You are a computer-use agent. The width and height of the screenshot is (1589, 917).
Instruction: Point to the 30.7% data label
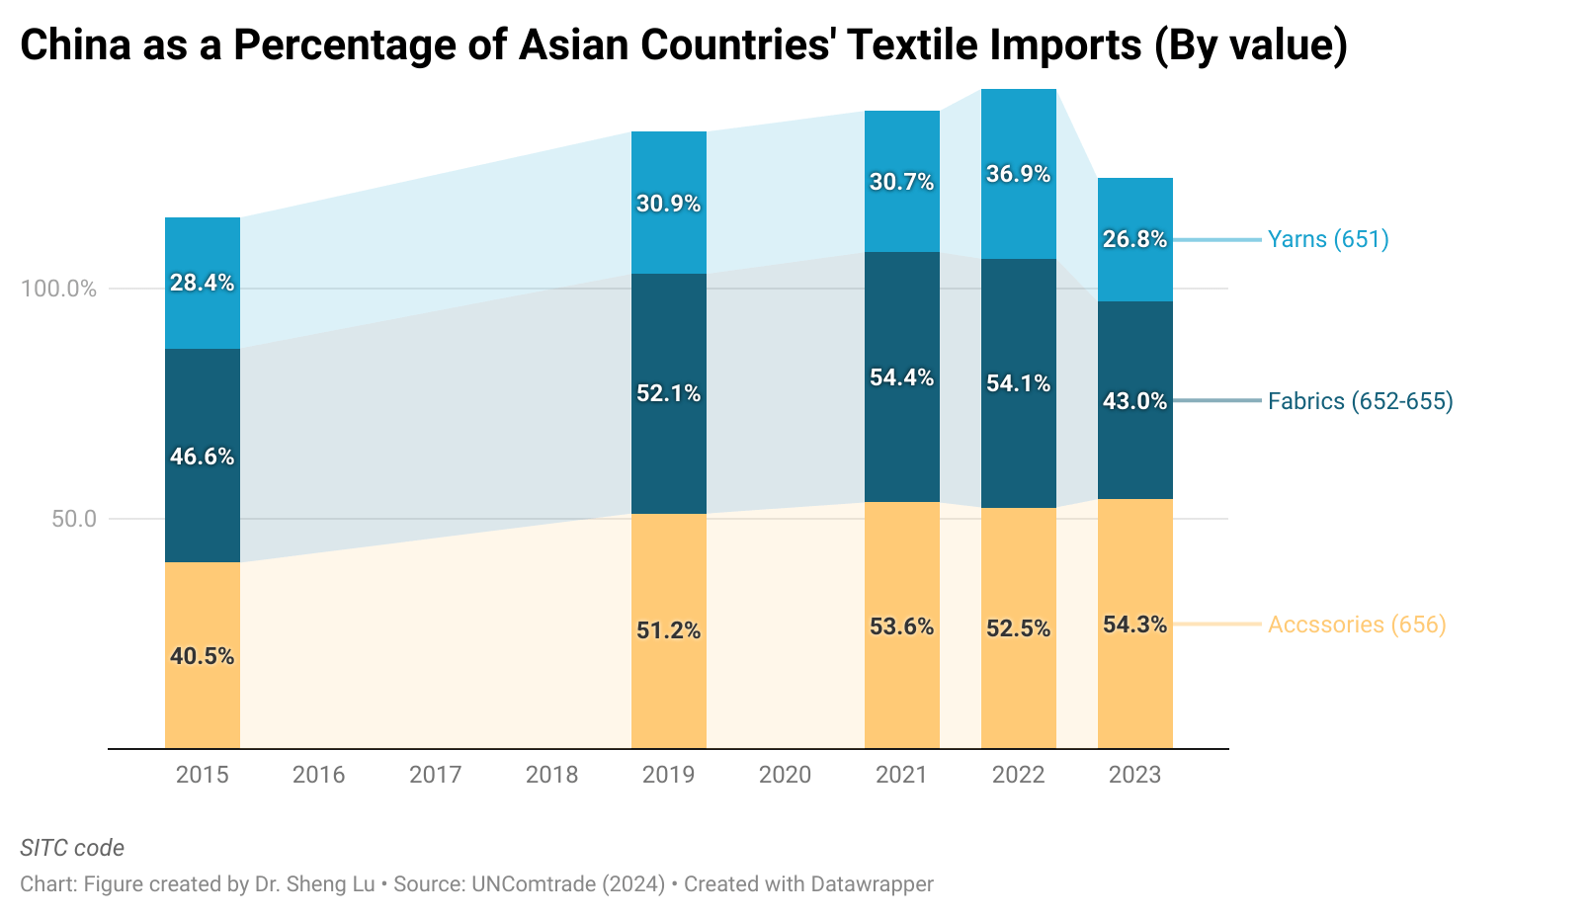click(x=901, y=182)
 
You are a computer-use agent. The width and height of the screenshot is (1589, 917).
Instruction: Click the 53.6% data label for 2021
click(x=901, y=626)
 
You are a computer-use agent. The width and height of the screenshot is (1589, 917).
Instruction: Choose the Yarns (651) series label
click(x=1328, y=239)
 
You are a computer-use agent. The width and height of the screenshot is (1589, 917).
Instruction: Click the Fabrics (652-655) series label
click(x=1360, y=401)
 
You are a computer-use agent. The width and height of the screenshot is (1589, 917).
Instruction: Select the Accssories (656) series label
click(x=1357, y=625)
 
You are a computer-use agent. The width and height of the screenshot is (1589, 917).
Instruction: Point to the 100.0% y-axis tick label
click(x=59, y=289)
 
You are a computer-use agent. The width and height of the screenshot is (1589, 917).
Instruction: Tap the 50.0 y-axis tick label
click(x=74, y=519)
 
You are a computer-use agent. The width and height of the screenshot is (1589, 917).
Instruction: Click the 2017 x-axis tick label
click(x=435, y=775)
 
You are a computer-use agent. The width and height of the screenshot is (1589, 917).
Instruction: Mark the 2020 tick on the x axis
click(x=785, y=775)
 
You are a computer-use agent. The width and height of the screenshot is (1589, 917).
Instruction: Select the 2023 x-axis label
click(x=1134, y=775)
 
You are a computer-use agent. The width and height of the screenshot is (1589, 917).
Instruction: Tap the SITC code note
click(x=72, y=848)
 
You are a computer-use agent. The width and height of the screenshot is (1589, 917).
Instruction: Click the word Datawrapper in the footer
click(x=871, y=883)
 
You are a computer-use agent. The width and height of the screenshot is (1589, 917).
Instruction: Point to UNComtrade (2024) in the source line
click(x=568, y=883)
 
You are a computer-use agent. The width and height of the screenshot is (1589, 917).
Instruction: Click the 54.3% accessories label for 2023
click(x=1134, y=625)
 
